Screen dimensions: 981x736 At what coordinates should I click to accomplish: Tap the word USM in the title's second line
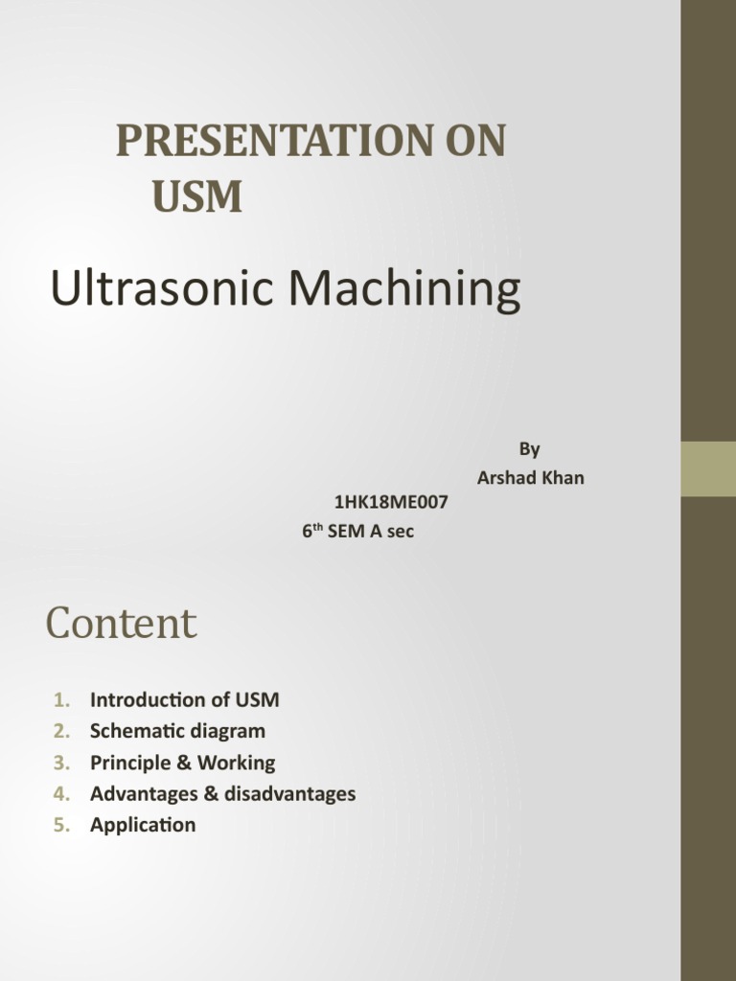pos(197,196)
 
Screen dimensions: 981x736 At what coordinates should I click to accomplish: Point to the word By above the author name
pos(530,448)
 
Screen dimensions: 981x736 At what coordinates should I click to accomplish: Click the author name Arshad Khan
pos(530,477)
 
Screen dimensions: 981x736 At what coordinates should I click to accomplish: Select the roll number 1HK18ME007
pos(390,501)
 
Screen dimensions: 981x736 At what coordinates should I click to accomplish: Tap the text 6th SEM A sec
pos(358,531)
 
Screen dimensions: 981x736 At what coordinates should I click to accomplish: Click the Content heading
pos(121,624)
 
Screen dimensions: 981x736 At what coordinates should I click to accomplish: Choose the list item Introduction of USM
pos(185,699)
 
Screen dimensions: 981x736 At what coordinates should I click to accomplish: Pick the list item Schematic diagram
pos(177,731)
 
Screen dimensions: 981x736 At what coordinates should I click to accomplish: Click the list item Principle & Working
pos(182,763)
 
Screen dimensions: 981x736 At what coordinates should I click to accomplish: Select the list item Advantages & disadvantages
pos(222,793)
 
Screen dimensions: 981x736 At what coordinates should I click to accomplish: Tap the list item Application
pos(143,825)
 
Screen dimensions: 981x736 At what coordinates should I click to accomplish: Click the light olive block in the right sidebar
pos(708,468)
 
